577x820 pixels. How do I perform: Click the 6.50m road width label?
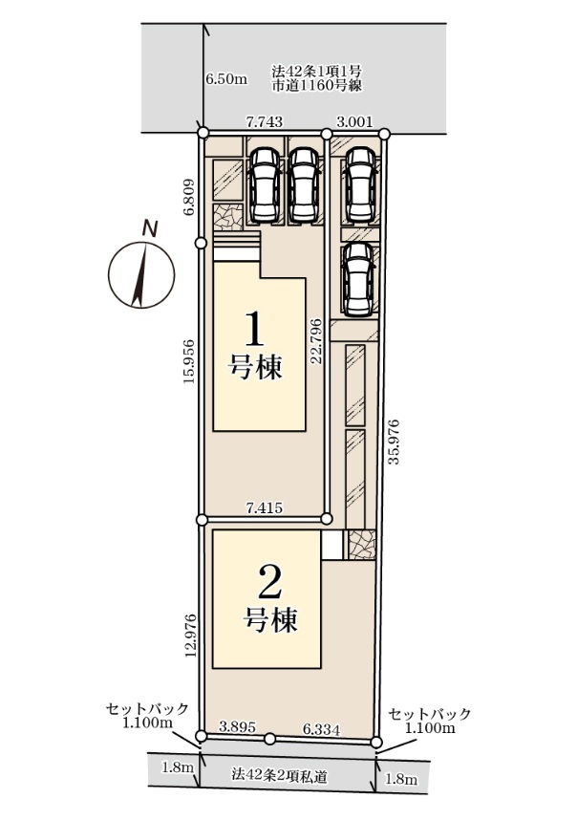[226, 79]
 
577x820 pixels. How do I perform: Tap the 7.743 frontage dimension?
[265, 121]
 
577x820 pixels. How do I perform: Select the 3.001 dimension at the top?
[354, 121]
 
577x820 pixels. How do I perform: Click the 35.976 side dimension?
[395, 442]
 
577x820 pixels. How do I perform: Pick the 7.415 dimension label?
[265, 507]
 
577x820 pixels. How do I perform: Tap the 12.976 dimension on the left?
[191, 636]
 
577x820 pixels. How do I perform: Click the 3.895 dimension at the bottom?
[237, 727]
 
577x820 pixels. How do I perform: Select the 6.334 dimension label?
[321, 729]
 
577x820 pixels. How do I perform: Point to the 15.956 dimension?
[189, 361]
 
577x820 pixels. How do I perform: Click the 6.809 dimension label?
[189, 197]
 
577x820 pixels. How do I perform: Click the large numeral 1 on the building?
[254, 329]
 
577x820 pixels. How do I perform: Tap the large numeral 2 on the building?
[270, 583]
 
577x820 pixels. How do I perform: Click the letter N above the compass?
[151, 229]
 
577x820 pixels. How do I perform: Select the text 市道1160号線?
[317, 86]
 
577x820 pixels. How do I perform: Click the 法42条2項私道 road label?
[280, 777]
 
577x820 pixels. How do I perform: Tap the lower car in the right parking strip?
[358, 280]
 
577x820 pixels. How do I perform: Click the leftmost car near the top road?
[265, 184]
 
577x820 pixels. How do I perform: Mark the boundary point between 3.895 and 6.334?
[269, 739]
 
